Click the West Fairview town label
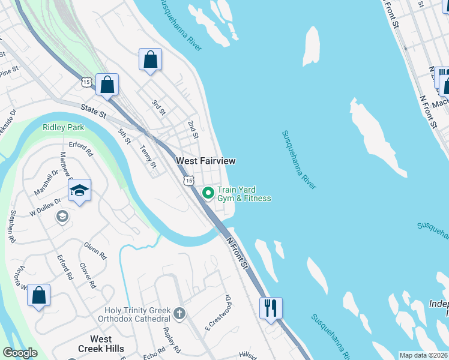point(205,161)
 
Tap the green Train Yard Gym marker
point(208,193)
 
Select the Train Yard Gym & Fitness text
point(244,194)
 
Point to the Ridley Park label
point(63,127)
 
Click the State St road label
point(94,110)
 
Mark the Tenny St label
point(148,157)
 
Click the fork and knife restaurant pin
point(271,308)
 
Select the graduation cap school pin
point(79,191)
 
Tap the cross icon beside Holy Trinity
point(179,313)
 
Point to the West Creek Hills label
point(101,344)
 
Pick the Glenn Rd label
point(95,250)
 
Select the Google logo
point(20,353)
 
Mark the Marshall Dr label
point(46,182)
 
